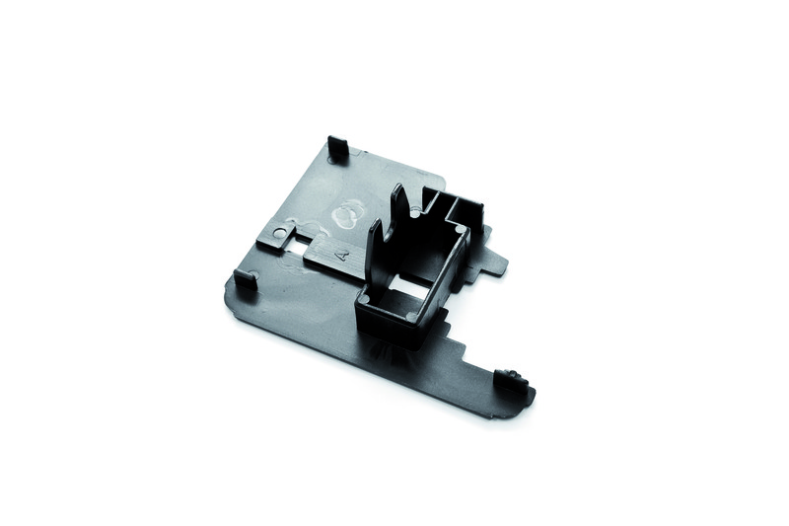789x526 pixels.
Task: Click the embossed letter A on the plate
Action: pyautogui.click(x=343, y=255)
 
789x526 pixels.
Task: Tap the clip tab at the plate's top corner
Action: pyautogui.click(x=338, y=146)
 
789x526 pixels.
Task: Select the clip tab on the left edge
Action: pyautogui.click(x=246, y=279)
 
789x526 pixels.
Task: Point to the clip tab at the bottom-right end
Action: pyautogui.click(x=511, y=379)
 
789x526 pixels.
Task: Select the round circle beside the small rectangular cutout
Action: pyautogui.click(x=280, y=233)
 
